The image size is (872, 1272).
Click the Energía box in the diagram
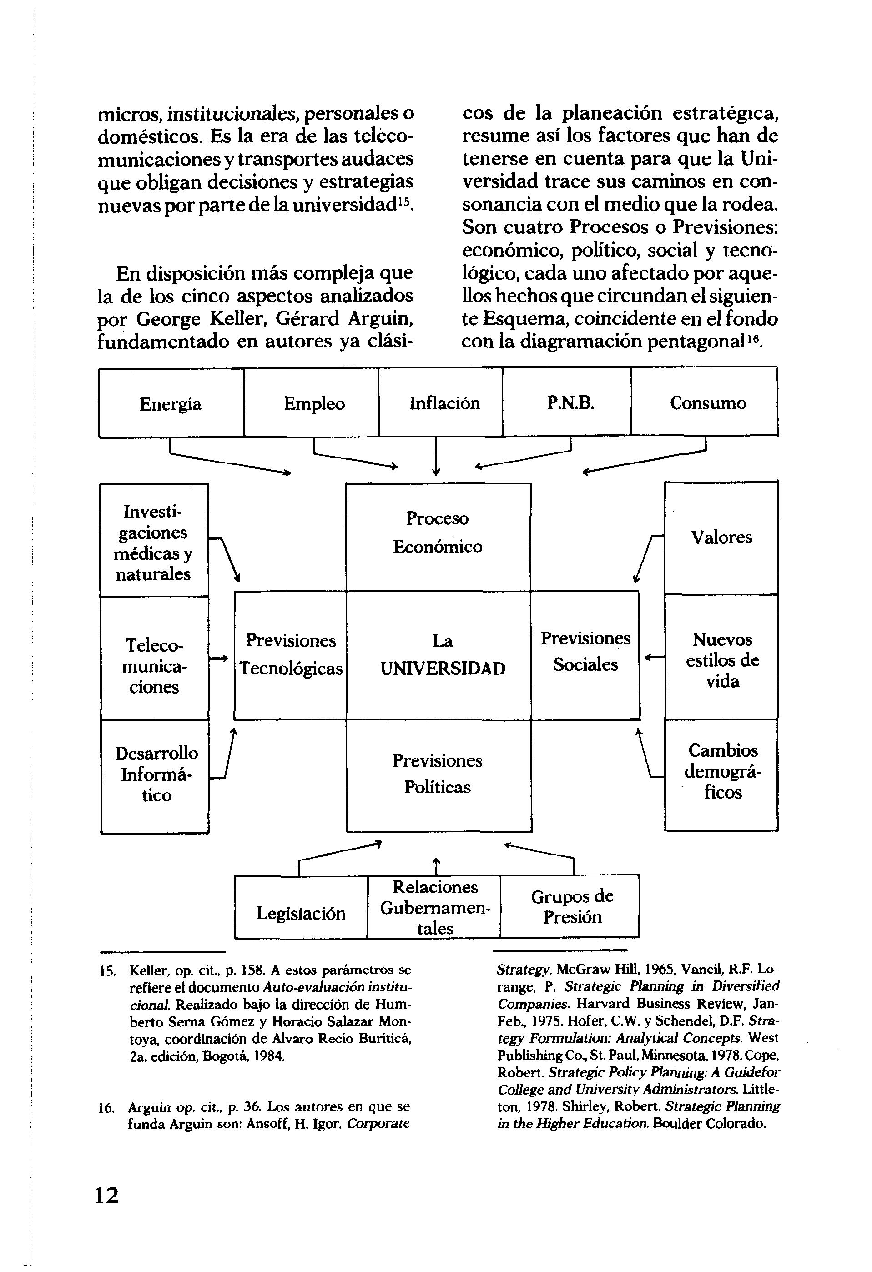171,403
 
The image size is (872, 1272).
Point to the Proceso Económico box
438,536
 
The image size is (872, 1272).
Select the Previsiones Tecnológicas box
290,655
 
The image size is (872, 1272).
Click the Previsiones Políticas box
439,774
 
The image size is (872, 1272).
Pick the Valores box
721,538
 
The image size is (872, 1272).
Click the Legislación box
301,913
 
